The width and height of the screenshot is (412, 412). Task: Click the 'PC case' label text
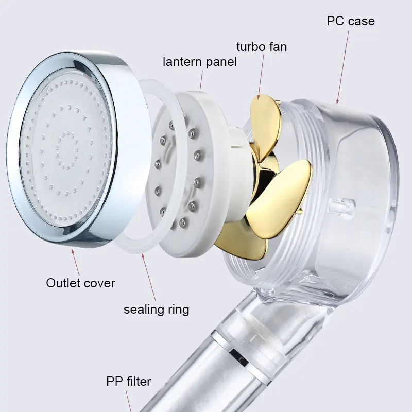350,21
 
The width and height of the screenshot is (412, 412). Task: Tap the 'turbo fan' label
262,47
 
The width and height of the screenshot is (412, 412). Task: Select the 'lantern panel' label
200,62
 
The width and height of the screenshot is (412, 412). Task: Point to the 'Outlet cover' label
81,283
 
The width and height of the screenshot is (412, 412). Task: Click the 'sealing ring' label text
156,310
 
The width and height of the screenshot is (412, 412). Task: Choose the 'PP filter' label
129,382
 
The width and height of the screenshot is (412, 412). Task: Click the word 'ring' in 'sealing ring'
177,310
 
